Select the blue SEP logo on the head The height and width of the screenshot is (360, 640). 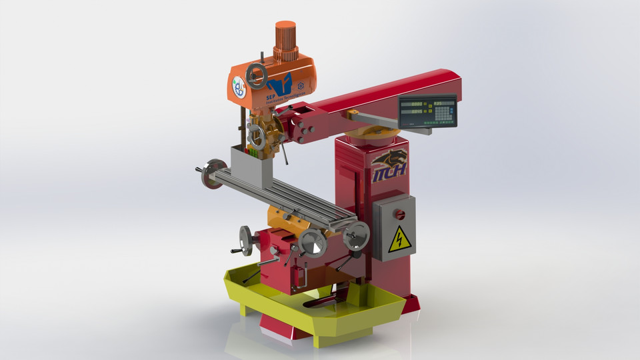(x=279, y=86)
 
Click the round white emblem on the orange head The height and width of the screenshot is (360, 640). (x=239, y=87)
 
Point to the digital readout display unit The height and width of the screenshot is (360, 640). (x=427, y=111)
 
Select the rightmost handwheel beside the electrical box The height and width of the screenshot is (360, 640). (x=356, y=236)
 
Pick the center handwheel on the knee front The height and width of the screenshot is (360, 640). (x=311, y=243)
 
